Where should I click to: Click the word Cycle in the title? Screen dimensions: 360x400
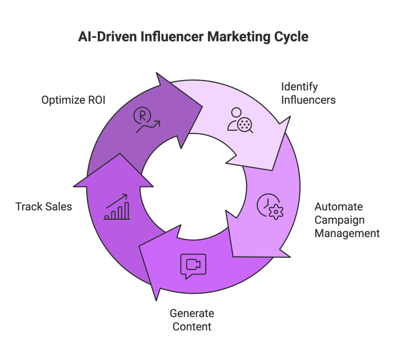tap(291, 37)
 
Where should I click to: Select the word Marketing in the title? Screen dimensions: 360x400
tap(239, 37)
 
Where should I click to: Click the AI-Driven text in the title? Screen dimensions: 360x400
tap(107, 37)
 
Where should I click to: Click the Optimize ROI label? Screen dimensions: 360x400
tap(73, 100)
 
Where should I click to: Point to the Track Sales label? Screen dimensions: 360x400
tap(44, 207)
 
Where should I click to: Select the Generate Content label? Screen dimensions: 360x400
tap(192, 320)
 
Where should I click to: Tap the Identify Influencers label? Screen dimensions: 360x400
tap(308, 93)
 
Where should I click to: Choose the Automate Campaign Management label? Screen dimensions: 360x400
tap(347, 220)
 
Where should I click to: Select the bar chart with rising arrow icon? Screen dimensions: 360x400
tap(117, 207)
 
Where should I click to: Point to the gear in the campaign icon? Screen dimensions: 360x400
tap(276, 212)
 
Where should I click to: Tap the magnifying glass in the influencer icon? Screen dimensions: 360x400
tap(246, 124)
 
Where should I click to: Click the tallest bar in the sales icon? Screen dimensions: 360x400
tap(127, 211)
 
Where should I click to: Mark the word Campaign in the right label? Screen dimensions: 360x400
tap(339, 220)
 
